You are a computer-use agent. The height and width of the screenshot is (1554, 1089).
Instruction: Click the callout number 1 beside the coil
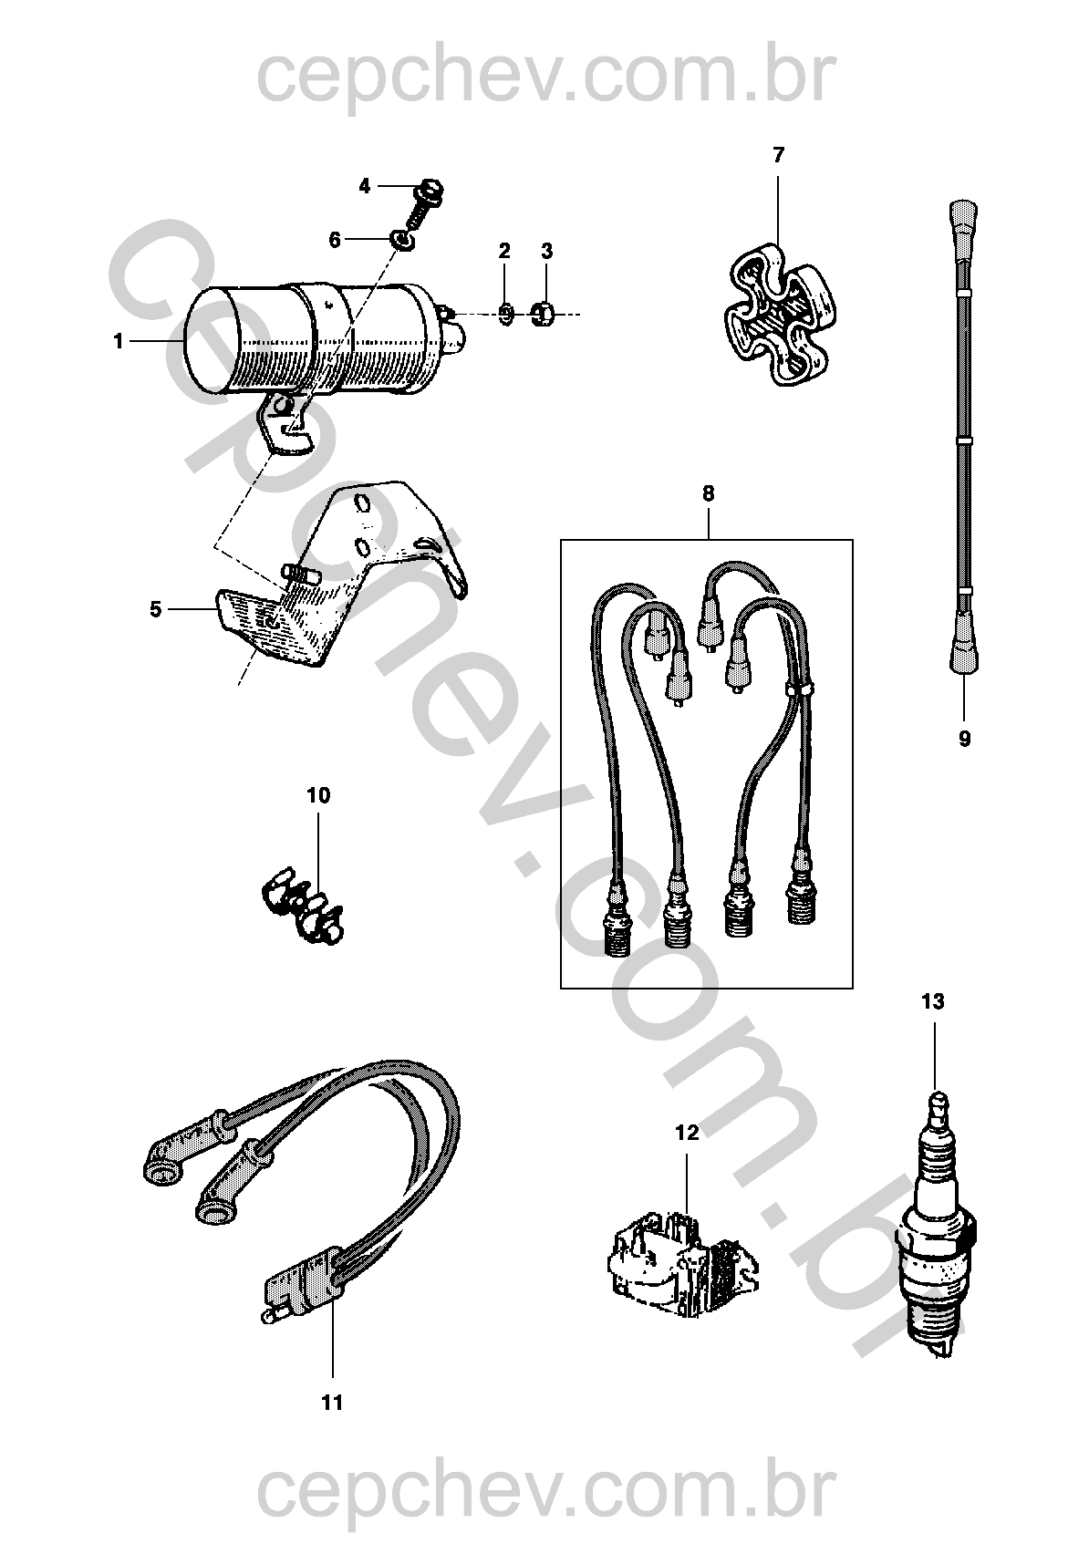(x=118, y=341)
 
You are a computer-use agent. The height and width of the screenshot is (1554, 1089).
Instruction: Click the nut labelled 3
(x=543, y=314)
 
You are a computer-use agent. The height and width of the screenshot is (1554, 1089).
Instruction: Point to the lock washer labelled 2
(x=506, y=314)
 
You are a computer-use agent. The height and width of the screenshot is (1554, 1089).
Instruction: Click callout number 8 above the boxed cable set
(x=709, y=493)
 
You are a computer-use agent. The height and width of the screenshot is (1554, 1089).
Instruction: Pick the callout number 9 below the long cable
(x=965, y=739)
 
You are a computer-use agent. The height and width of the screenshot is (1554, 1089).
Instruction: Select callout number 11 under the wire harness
(x=333, y=1402)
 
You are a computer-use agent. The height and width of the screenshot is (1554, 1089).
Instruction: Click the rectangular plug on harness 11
(x=296, y=1289)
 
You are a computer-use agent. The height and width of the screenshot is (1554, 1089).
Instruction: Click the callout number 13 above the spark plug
(x=932, y=1002)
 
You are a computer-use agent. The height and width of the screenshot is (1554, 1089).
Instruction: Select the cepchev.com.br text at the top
(x=544, y=77)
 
